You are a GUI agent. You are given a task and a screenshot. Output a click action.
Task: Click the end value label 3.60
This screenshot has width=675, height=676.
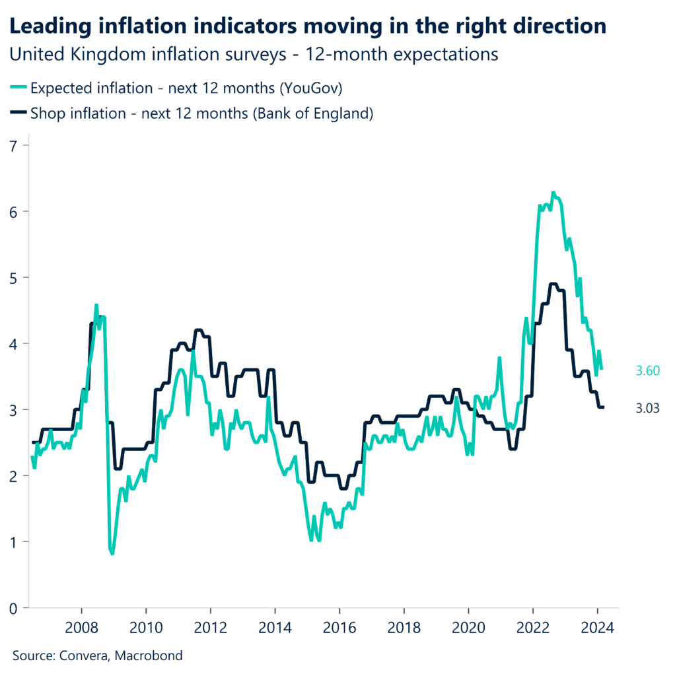tap(648, 371)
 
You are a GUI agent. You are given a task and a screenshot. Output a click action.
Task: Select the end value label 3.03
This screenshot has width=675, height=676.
tap(648, 409)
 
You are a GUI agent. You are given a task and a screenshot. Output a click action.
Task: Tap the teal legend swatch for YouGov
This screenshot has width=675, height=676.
tap(18, 88)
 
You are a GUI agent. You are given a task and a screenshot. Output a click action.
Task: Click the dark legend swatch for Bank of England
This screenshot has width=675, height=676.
tap(18, 113)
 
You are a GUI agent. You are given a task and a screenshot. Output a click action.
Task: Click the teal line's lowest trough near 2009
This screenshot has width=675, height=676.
tap(112, 553)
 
